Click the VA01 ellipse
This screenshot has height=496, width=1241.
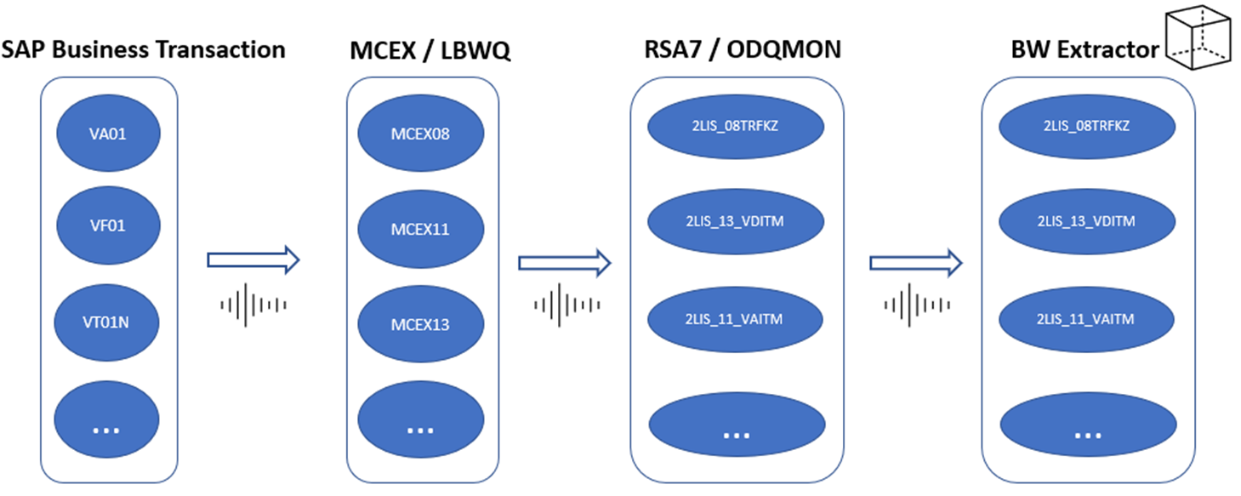[107, 133]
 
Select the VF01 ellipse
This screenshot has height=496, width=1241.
[107, 227]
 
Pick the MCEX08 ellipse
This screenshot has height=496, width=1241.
[420, 133]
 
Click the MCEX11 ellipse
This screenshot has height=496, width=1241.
[420, 229]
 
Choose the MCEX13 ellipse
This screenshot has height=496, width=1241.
[420, 324]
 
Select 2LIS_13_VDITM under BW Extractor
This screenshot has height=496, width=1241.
[1087, 221]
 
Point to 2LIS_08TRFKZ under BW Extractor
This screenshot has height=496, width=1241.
[1087, 125]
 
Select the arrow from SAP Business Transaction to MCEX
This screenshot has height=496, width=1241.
[253, 260]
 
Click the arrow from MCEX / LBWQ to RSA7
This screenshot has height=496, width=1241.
[565, 263]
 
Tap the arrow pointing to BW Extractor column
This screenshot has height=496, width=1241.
[915, 263]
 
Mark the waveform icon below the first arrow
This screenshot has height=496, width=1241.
[253, 304]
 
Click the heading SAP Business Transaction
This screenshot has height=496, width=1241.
[143, 49]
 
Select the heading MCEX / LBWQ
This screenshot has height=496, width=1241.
[430, 51]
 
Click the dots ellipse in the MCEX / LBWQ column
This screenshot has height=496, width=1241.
[420, 428]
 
